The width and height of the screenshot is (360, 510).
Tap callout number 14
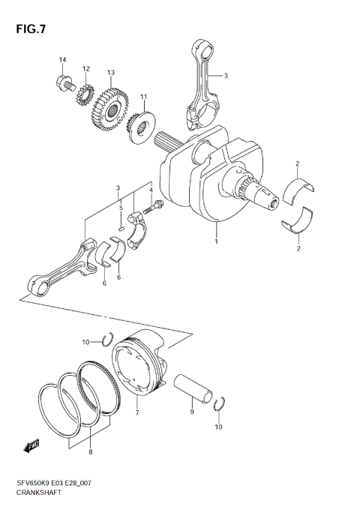63,59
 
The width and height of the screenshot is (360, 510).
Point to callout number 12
86,68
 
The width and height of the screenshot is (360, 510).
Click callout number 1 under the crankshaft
217,242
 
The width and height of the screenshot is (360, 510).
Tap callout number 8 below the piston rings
91,453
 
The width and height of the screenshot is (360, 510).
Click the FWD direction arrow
32,447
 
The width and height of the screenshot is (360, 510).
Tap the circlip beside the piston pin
219,406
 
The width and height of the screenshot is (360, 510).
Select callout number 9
192,412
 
